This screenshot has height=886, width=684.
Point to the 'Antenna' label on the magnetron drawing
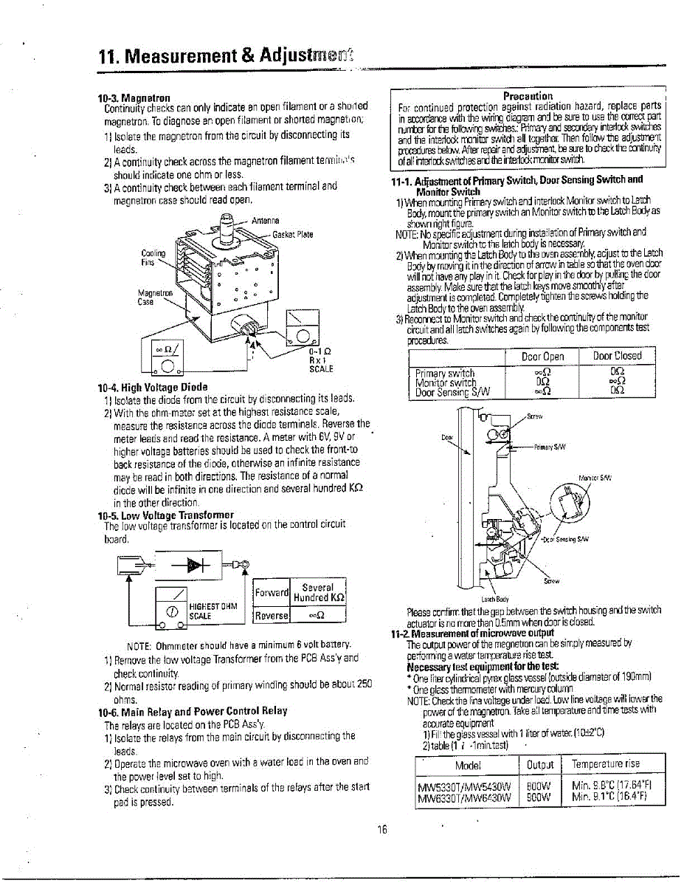click(x=263, y=221)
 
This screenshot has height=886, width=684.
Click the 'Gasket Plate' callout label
click(x=293, y=235)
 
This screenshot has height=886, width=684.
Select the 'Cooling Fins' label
click(x=150, y=257)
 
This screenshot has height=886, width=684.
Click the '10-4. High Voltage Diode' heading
click(x=153, y=387)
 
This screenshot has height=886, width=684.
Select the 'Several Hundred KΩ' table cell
click(x=319, y=592)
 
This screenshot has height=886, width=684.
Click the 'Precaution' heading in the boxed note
click(x=528, y=96)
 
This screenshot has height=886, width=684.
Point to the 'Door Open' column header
click(x=542, y=356)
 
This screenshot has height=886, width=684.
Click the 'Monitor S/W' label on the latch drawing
click(x=595, y=478)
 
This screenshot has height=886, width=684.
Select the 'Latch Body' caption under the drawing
click(x=494, y=599)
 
